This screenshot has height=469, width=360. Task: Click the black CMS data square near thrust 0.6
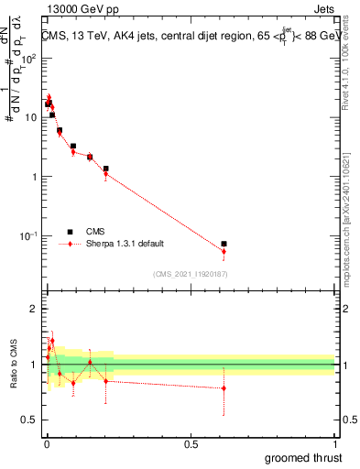coord(224,244)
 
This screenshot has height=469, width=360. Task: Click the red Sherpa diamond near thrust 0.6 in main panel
coord(224,251)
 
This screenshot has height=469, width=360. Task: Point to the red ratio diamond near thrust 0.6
coord(224,388)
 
